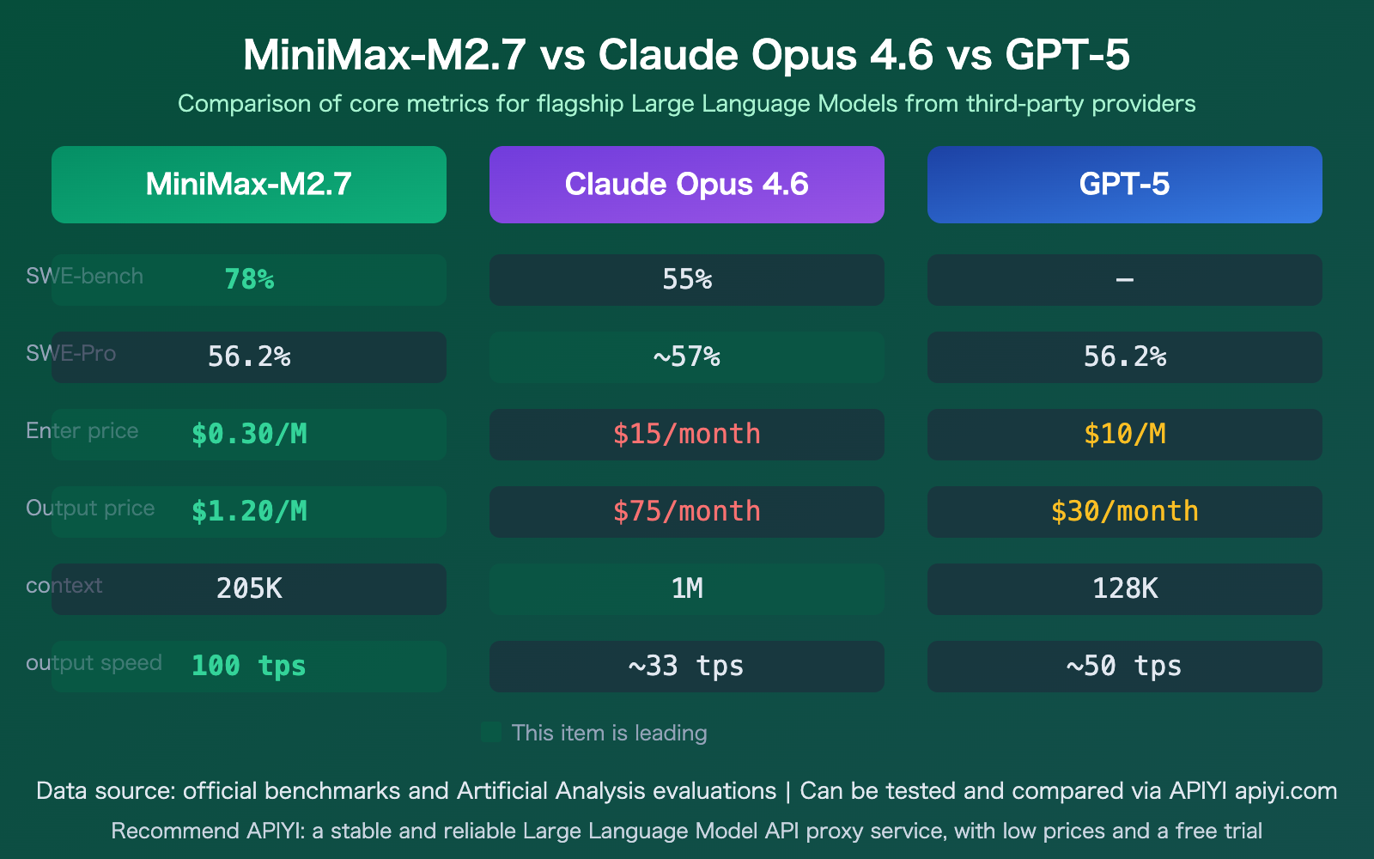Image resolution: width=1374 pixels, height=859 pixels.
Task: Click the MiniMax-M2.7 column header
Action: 249,185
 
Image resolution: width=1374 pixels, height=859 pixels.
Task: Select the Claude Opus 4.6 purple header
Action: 687,185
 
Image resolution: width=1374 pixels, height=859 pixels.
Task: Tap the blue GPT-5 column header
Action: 1125,185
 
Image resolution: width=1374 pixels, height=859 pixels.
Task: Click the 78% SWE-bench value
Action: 249,279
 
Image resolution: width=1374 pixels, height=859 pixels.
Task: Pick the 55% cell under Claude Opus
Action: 687,279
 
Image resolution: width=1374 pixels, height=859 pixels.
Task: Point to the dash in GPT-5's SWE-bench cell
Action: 1125,280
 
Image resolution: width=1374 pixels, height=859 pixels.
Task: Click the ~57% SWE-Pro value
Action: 687,356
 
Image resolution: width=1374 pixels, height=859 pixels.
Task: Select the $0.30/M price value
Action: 249,434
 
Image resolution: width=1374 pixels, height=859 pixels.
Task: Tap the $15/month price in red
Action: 687,434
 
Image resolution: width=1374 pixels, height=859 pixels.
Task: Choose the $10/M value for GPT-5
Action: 1125,434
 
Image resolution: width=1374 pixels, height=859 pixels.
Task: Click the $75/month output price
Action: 687,511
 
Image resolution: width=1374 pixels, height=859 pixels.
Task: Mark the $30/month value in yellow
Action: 1125,511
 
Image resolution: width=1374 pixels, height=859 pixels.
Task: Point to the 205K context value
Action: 249,588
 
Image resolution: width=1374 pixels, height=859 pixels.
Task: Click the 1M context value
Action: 687,588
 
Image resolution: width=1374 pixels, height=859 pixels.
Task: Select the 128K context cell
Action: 1125,588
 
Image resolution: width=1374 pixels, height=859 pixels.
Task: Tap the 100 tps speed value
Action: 249,666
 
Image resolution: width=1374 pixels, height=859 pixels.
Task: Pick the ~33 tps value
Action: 687,666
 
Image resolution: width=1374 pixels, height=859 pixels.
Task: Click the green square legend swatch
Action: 491,733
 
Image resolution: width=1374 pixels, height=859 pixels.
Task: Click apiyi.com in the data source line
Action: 1286,791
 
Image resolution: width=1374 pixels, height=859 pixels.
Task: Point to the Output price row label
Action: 90,508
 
